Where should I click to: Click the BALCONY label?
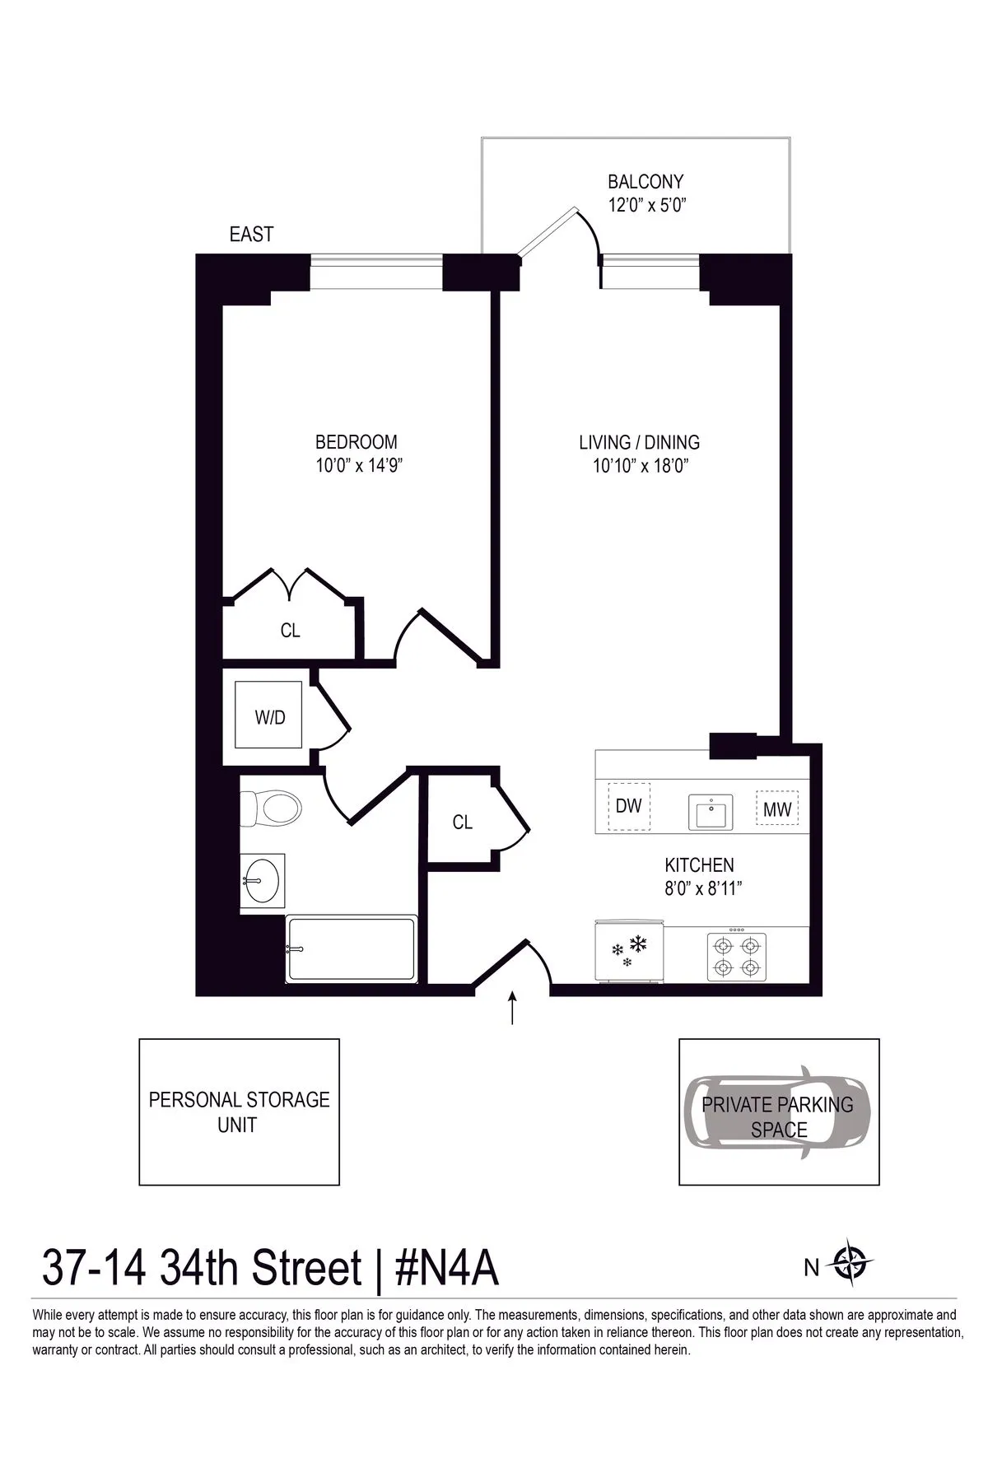coord(645,181)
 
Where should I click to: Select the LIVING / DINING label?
coord(639,442)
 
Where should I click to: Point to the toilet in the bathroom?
coord(272,809)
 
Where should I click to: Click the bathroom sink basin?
coord(263,879)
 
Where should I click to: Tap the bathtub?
coord(351,949)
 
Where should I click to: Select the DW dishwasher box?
coord(629,806)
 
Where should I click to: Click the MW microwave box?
coord(777,809)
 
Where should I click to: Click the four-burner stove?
coord(736,955)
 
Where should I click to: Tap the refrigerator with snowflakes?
coord(627,951)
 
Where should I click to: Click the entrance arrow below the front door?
coord(513,1009)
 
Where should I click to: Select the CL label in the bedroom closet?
coord(290,631)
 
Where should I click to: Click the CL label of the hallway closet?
coord(463,823)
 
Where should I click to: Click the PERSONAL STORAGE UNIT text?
coord(239,1111)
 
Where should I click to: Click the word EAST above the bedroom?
coord(251,235)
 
